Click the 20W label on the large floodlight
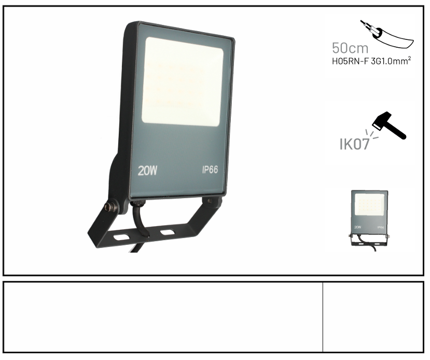tap(147, 171)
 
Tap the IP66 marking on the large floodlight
tap(210, 170)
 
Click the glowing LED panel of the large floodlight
tap(183, 82)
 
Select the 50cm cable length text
tap(350, 48)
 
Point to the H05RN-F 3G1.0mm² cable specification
tap(371, 61)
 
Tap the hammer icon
tap(389, 125)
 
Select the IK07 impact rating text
tap(354, 144)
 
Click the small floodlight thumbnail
tap(370, 220)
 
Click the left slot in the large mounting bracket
tap(122, 237)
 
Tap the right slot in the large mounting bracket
tap(168, 232)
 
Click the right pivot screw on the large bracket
tap(210, 201)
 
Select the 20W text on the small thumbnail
tap(357, 227)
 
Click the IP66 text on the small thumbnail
tap(380, 227)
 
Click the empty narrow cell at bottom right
tap(373, 316)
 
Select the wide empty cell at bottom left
tap(163, 316)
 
